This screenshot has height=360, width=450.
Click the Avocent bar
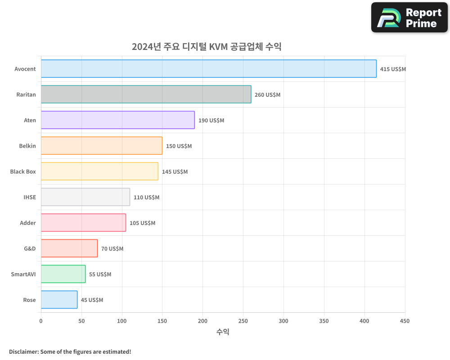pyautogui.click(x=209, y=69)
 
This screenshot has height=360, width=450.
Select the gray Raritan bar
pyautogui.click(x=146, y=94)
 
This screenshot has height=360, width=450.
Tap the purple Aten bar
pyautogui.click(x=117, y=120)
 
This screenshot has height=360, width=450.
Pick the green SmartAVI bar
pyautogui.click(x=63, y=274)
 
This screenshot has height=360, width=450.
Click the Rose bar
pyautogui.click(x=59, y=300)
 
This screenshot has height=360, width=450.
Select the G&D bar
pyautogui.click(x=69, y=248)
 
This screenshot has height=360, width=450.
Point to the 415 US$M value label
pyautogui.click(x=393, y=69)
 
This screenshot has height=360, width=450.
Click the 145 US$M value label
pyautogui.click(x=175, y=172)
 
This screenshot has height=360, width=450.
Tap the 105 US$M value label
pyautogui.click(x=142, y=223)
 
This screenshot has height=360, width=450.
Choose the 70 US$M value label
pyautogui.click(x=112, y=249)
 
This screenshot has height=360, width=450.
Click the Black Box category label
pyautogui.click(x=23, y=172)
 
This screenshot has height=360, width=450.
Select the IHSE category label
pyautogui.click(x=30, y=197)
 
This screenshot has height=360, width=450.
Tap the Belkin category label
pyautogui.click(x=27, y=146)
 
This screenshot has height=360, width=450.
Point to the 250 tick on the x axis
pyautogui.click(x=243, y=321)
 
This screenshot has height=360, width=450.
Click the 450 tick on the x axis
pyautogui.click(x=405, y=321)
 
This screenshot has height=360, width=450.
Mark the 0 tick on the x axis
pyautogui.click(x=41, y=321)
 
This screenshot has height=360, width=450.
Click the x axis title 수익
pyautogui.click(x=223, y=332)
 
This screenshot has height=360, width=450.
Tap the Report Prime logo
pyautogui.click(x=409, y=18)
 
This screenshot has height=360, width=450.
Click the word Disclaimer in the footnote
pyautogui.click(x=23, y=351)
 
